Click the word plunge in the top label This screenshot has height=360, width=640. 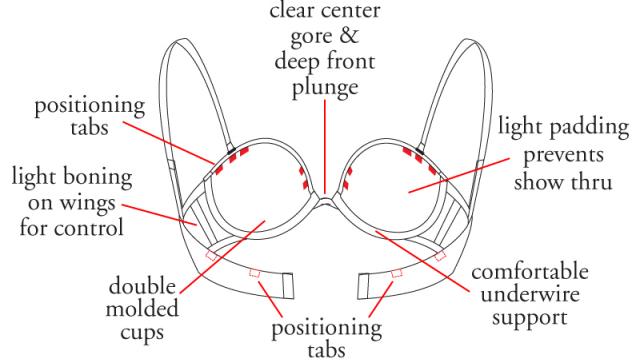pos(325,88)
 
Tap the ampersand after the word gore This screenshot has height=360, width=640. pos(348,36)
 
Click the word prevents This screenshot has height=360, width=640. pos(563,156)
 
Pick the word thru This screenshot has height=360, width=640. pos(592,181)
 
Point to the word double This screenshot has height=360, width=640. pos(142,286)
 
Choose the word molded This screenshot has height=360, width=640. pos(142,309)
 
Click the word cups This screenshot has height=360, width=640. pos(142,333)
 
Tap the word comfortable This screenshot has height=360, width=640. pos(530,271)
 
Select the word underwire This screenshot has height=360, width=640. pos(530,294)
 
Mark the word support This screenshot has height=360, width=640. pos(530,318)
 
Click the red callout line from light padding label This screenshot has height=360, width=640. pos(459,175)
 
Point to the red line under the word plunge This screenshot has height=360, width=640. pos(325,147)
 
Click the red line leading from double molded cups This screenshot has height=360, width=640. pos(222,257)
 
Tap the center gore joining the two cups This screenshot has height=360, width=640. pos(325,201)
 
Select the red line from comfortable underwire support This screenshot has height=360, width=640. pos(422,262)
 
